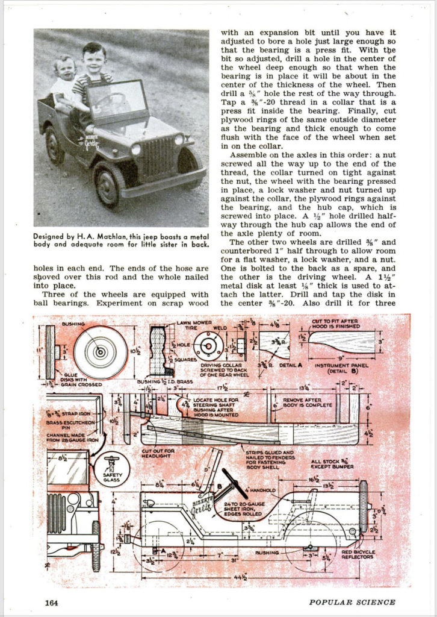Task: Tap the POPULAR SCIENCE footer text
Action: [x=352, y=601]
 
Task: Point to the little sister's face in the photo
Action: [x=64, y=68]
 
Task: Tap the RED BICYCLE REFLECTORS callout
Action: [x=358, y=554]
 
